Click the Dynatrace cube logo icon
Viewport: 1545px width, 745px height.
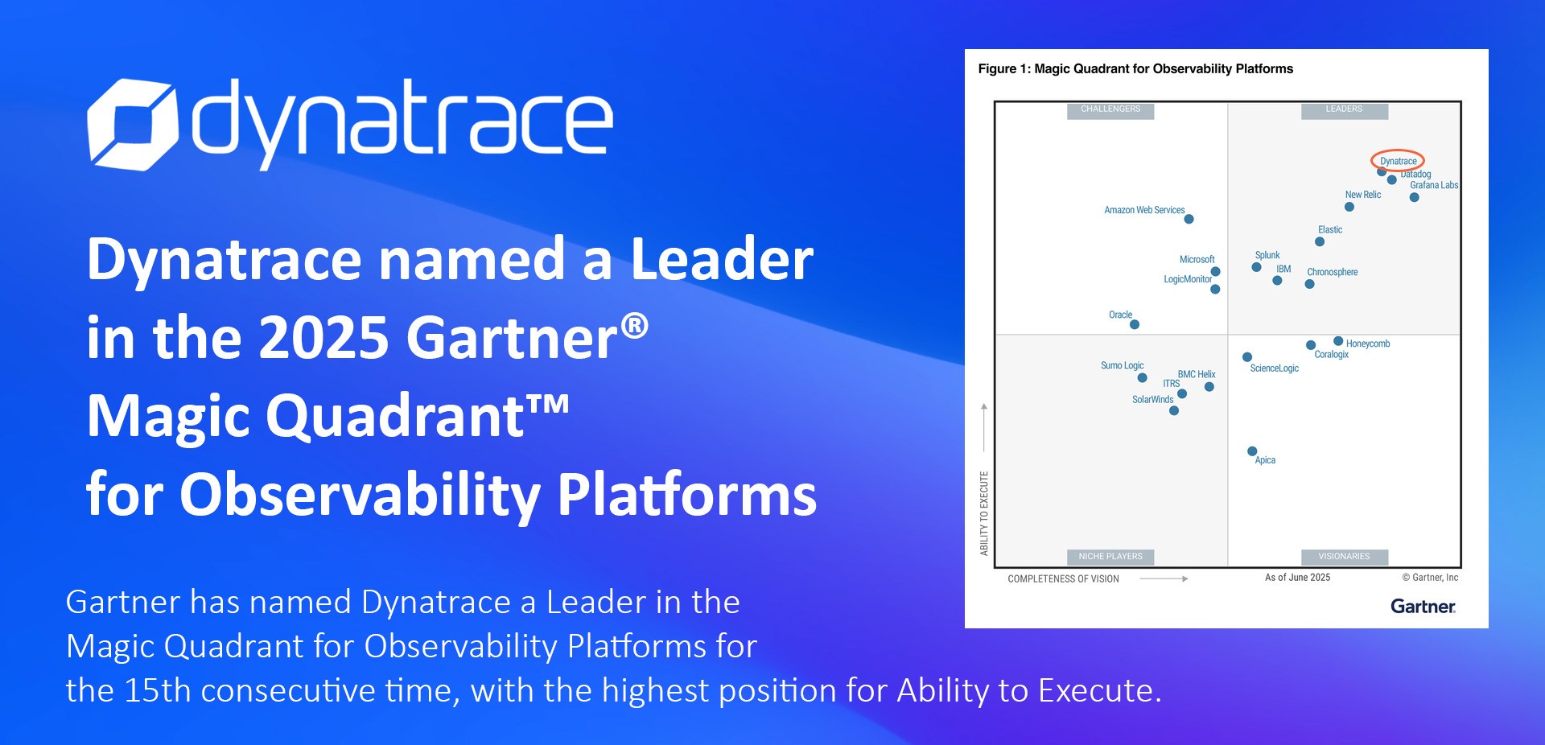pos(132,124)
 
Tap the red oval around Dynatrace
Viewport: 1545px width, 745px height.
pos(1398,150)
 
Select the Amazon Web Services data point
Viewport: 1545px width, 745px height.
pos(1189,219)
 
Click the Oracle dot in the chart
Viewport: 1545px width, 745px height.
pos(1135,325)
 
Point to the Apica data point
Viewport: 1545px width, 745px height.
pos(1252,451)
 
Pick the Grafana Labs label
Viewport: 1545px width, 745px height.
pos(1434,185)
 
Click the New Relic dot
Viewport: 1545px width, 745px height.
pos(1349,207)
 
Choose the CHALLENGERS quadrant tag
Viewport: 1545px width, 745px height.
pos(1110,110)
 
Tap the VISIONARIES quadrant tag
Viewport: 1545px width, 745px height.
pos(1344,557)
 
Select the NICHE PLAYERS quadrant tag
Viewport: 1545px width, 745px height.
pos(1110,557)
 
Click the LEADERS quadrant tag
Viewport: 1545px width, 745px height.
pos(1344,110)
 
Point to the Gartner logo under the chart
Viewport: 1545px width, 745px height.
pos(1423,607)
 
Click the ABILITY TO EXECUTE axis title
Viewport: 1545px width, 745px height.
pos(984,513)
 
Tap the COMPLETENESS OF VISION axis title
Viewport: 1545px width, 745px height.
pos(1063,578)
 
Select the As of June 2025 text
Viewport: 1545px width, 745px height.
pos(1297,578)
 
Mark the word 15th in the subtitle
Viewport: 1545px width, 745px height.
pos(156,690)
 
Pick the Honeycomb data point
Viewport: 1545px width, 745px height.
pos(1338,341)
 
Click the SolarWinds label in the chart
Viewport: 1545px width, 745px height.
pos(1152,400)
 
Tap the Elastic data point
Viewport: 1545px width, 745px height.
pos(1320,241)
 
